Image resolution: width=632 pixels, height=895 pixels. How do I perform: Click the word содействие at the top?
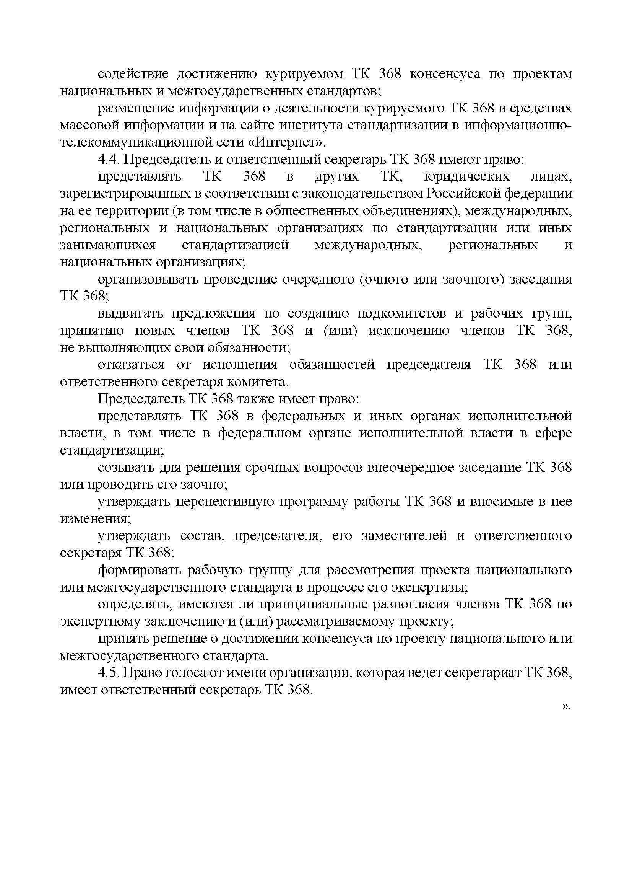click(133, 74)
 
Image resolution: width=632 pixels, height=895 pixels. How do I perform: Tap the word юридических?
click(466, 176)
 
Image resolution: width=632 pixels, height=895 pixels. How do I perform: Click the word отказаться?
click(131, 365)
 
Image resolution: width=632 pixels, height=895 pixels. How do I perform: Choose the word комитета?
click(258, 382)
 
